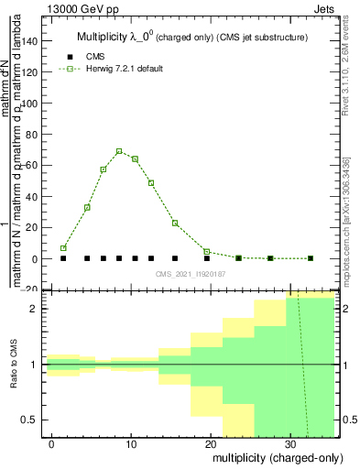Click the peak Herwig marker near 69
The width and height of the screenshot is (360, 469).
119,151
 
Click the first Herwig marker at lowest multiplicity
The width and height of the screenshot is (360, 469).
63,248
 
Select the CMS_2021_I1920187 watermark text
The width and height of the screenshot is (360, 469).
190,273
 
